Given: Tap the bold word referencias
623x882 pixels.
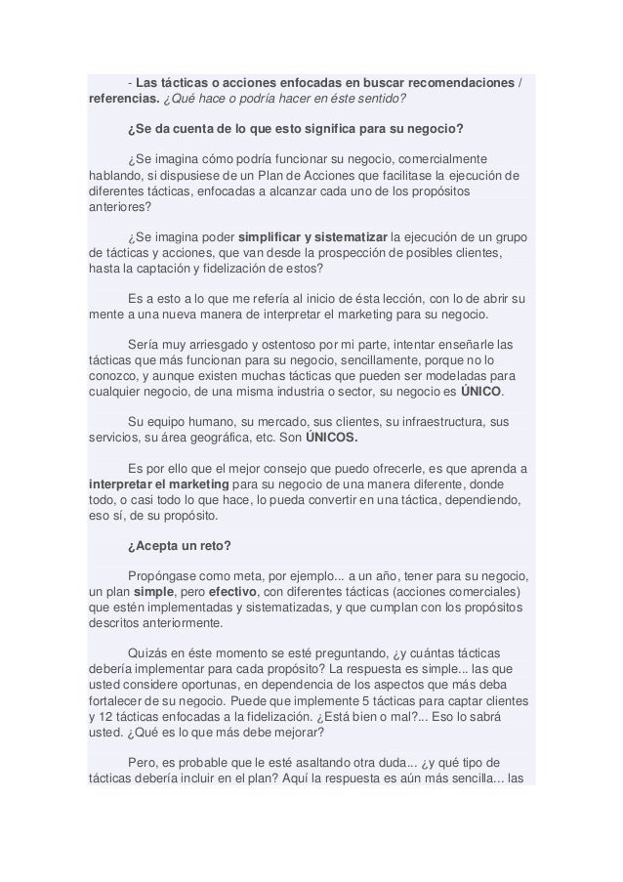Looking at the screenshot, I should pos(115,99).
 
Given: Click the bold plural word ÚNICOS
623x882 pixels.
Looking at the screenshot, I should pos(332,439).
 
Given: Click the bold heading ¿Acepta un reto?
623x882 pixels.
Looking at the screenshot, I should pos(176,546).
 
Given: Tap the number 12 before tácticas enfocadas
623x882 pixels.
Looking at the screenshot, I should pos(94,720).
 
